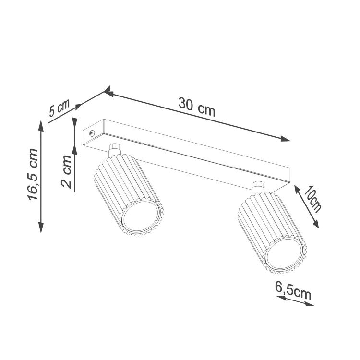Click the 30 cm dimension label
pyautogui.click(x=197, y=107)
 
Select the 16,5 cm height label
pyautogui.click(x=32, y=175)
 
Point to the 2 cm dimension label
pyautogui.click(x=66, y=171)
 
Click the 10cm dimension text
pyautogui.click(x=312, y=199)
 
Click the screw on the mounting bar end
pyautogui.click(x=92, y=133)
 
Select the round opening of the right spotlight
pyautogui.click(x=284, y=255)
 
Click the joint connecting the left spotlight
pyautogui.click(x=115, y=150)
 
